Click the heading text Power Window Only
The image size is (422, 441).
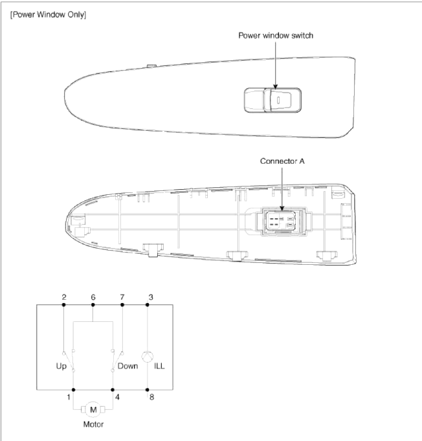coord(48,15)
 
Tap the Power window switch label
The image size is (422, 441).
coord(276,36)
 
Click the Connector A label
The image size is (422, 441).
coord(282,161)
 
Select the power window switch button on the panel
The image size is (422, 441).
coord(272,100)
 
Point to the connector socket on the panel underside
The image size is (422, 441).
coord(281,221)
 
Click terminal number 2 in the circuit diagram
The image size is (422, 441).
coord(64,297)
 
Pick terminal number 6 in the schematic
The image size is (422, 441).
coord(93,297)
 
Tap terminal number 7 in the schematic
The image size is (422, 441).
coord(122,297)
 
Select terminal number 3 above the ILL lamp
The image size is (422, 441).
coord(151,297)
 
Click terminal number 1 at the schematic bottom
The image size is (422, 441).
coord(69,397)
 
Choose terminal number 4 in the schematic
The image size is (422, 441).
coord(118,397)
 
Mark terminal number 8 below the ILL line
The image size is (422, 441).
coord(152,397)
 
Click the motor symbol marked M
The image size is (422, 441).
coord(93,409)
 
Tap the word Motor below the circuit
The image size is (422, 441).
coord(93,424)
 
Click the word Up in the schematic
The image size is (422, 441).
coord(61,366)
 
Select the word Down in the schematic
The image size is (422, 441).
coord(128,366)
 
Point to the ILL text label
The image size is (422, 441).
coord(159,366)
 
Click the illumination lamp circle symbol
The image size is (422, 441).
coord(148,357)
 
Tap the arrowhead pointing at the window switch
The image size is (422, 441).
coord(276,87)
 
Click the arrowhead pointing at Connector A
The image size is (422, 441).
coord(282,208)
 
